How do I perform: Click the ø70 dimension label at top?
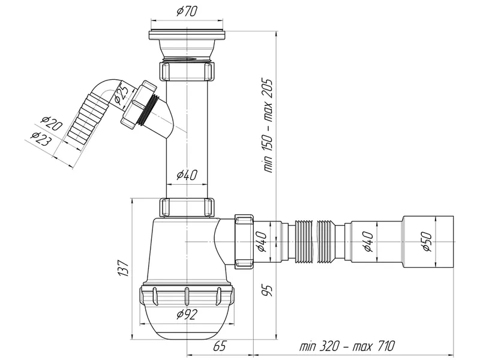[x=187, y=11]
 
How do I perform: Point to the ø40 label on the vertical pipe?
[x=187, y=175]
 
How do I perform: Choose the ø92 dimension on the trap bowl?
[x=187, y=314]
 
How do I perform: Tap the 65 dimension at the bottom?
[x=220, y=346]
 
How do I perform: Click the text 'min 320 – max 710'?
[x=347, y=346]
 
